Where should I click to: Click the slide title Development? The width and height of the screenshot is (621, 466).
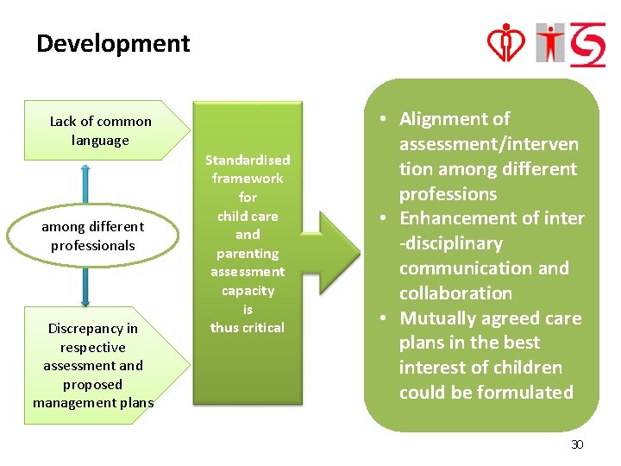(x=113, y=43)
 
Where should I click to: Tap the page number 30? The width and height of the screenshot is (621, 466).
(x=577, y=444)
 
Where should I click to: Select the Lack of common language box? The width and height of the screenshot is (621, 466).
(x=100, y=131)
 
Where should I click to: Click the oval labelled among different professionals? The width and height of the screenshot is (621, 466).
(x=93, y=236)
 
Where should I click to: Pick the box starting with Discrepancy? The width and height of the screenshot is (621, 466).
(x=93, y=365)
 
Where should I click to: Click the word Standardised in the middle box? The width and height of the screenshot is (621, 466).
(x=248, y=160)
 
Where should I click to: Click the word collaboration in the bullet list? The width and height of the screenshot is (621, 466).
(x=455, y=293)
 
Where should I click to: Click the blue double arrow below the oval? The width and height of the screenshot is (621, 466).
(x=85, y=286)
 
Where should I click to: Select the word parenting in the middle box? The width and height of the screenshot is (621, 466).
(x=248, y=254)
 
